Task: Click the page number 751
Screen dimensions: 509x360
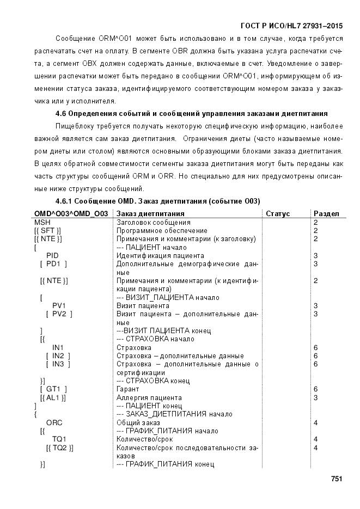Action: point(336,479)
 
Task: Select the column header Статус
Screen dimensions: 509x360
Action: point(278,214)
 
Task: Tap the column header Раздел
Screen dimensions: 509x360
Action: point(326,214)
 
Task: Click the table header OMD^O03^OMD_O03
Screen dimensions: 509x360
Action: point(71,214)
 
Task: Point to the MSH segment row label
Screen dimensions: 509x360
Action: point(41,222)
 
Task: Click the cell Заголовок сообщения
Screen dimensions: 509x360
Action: point(154,222)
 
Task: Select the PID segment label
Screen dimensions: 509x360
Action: point(52,255)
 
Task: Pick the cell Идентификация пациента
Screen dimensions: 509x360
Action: point(160,255)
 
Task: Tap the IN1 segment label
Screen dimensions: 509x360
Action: point(58,347)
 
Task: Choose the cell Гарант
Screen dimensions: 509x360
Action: point(128,389)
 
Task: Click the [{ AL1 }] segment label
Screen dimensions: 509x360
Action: point(53,397)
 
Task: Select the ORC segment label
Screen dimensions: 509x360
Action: point(54,422)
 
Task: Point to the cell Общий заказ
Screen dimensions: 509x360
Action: point(138,422)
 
